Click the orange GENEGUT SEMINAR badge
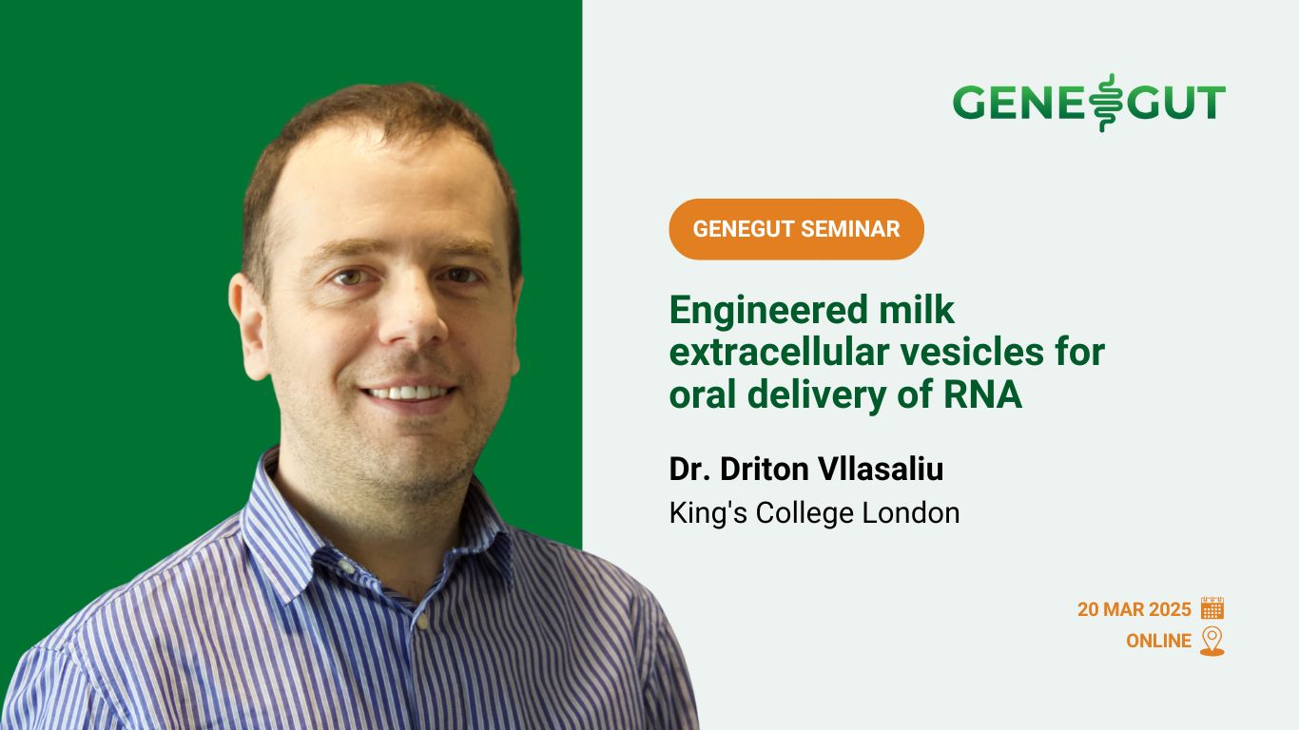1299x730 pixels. (x=796, y=229)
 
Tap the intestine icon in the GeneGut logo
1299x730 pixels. (x=1103, y=103)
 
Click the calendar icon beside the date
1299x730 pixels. (x=1212, y=608)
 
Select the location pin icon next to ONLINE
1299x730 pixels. (x=1212, y=642)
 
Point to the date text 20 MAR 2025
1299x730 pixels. (x=1134, y=609)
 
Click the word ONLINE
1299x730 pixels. (x=1158, y=641)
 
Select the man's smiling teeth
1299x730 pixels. (x=409, y=393)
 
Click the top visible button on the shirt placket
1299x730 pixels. (x=422, y=622)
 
